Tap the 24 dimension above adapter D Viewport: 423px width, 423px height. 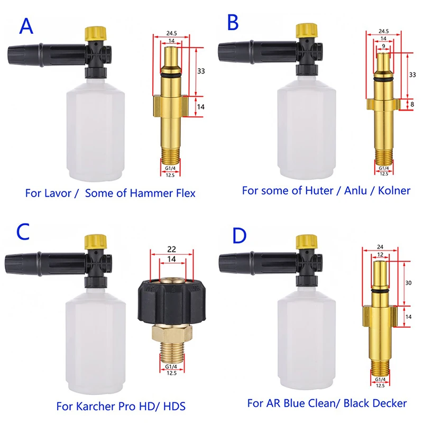point(381,245)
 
